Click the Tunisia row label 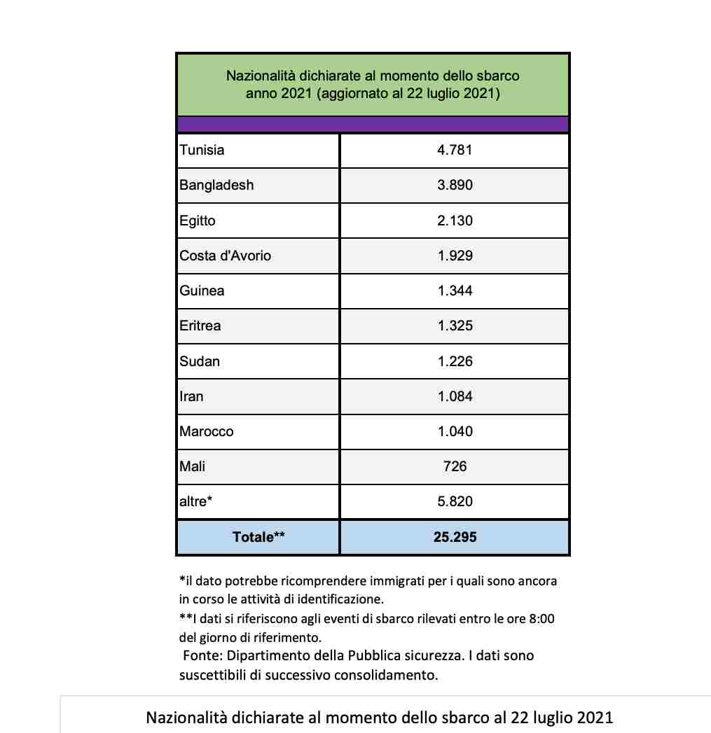[x=202, y=150]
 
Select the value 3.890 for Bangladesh [x=455, y=186]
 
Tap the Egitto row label [x=198, y=221]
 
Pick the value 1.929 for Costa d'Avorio [x=455, y=256]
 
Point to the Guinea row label [x=202, y=291]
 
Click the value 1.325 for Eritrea [x=455, y=326]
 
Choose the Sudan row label [x=200, y=361]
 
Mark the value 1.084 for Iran [x=455, y=396]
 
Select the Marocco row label [x=207, y=431]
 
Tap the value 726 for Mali [x=455, y=466]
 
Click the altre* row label [x=196, y=501]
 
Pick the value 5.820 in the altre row [x=455, y=501]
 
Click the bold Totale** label [x=258, y=537]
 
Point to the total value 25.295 [x=455, y=537]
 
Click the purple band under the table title [x=373, y=124]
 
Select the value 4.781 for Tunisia [x=455, y=150]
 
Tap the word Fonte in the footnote [x=201, y=656]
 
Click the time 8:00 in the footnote [x=539, y=620]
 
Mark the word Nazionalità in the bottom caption [x=188, y=718]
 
